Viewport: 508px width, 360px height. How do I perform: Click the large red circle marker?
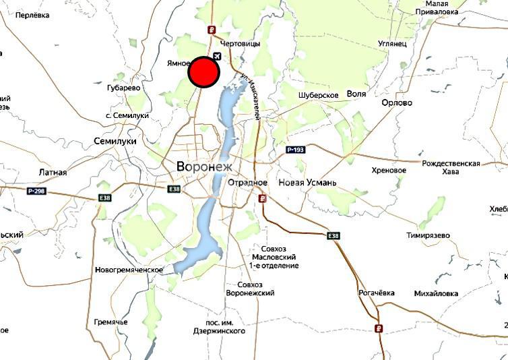[204, 72]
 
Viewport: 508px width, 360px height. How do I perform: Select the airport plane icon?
[218, 56]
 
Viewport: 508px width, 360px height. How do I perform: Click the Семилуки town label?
[115, 142]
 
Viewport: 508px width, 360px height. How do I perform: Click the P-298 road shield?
[36, 191]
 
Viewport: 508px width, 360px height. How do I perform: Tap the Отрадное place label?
[248, 183]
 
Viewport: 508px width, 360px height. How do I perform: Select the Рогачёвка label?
[376, 293]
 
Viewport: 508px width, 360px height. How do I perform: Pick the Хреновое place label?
[389, 170]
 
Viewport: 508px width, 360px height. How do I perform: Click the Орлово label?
[397, 103]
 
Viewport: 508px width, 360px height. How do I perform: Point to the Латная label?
[53, 173]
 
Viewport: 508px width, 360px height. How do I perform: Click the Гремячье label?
[110, 322]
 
